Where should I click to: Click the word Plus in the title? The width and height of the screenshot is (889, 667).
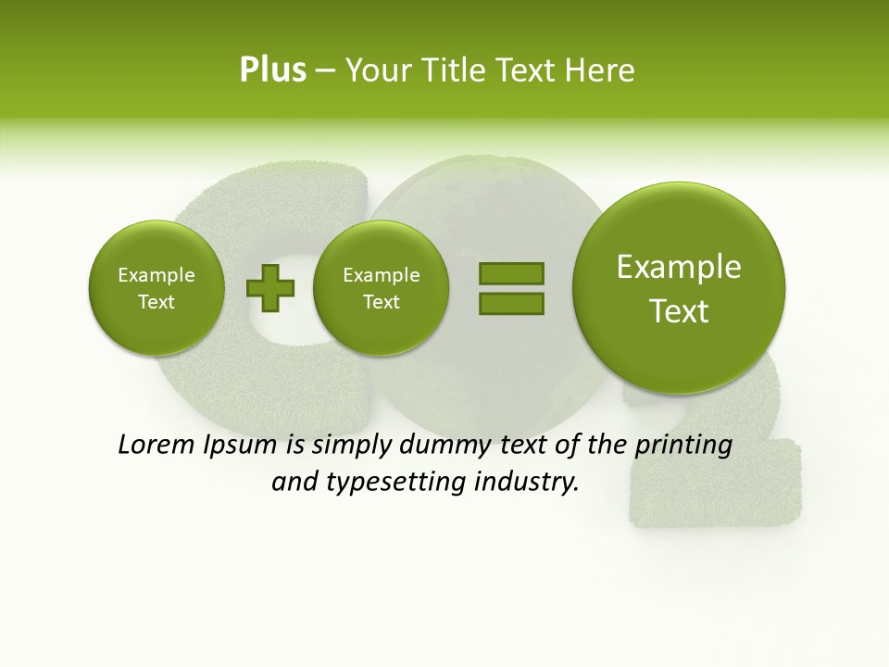tap(272, 70)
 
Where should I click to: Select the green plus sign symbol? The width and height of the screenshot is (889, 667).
tap(269, 288)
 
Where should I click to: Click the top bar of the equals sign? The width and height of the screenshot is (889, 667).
tap(510, 273)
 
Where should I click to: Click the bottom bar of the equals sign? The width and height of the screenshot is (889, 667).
tap(510, 302)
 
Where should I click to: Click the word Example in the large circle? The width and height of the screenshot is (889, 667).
tap(679, 268)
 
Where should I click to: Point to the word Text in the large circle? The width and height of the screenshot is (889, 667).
tap(679, 312)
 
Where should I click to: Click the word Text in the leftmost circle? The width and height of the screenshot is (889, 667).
tap(157, 302)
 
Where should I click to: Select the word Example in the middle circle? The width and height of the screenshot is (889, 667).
tap(381, 275)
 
